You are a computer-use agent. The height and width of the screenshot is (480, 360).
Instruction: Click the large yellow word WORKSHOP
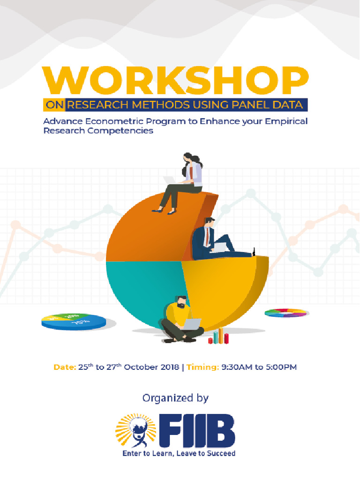tap(176, 82)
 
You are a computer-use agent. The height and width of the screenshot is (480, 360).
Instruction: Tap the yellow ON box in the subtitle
tap(54, 105)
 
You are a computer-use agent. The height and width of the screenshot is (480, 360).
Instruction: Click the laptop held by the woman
tap(169, 180)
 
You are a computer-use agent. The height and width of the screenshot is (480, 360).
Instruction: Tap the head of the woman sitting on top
tap(188, 158)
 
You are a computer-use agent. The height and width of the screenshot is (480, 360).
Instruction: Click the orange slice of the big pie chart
tap(150, 230)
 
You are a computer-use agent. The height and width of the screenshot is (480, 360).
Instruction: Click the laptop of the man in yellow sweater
tap(191, 324)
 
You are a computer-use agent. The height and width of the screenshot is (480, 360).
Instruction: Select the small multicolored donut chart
tap(286, 313)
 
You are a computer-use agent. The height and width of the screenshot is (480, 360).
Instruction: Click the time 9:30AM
tap(237, 367)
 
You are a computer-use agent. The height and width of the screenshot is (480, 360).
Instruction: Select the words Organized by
tap(175, 398)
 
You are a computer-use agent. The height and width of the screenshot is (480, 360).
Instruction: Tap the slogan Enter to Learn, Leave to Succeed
tap(179, 453)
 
